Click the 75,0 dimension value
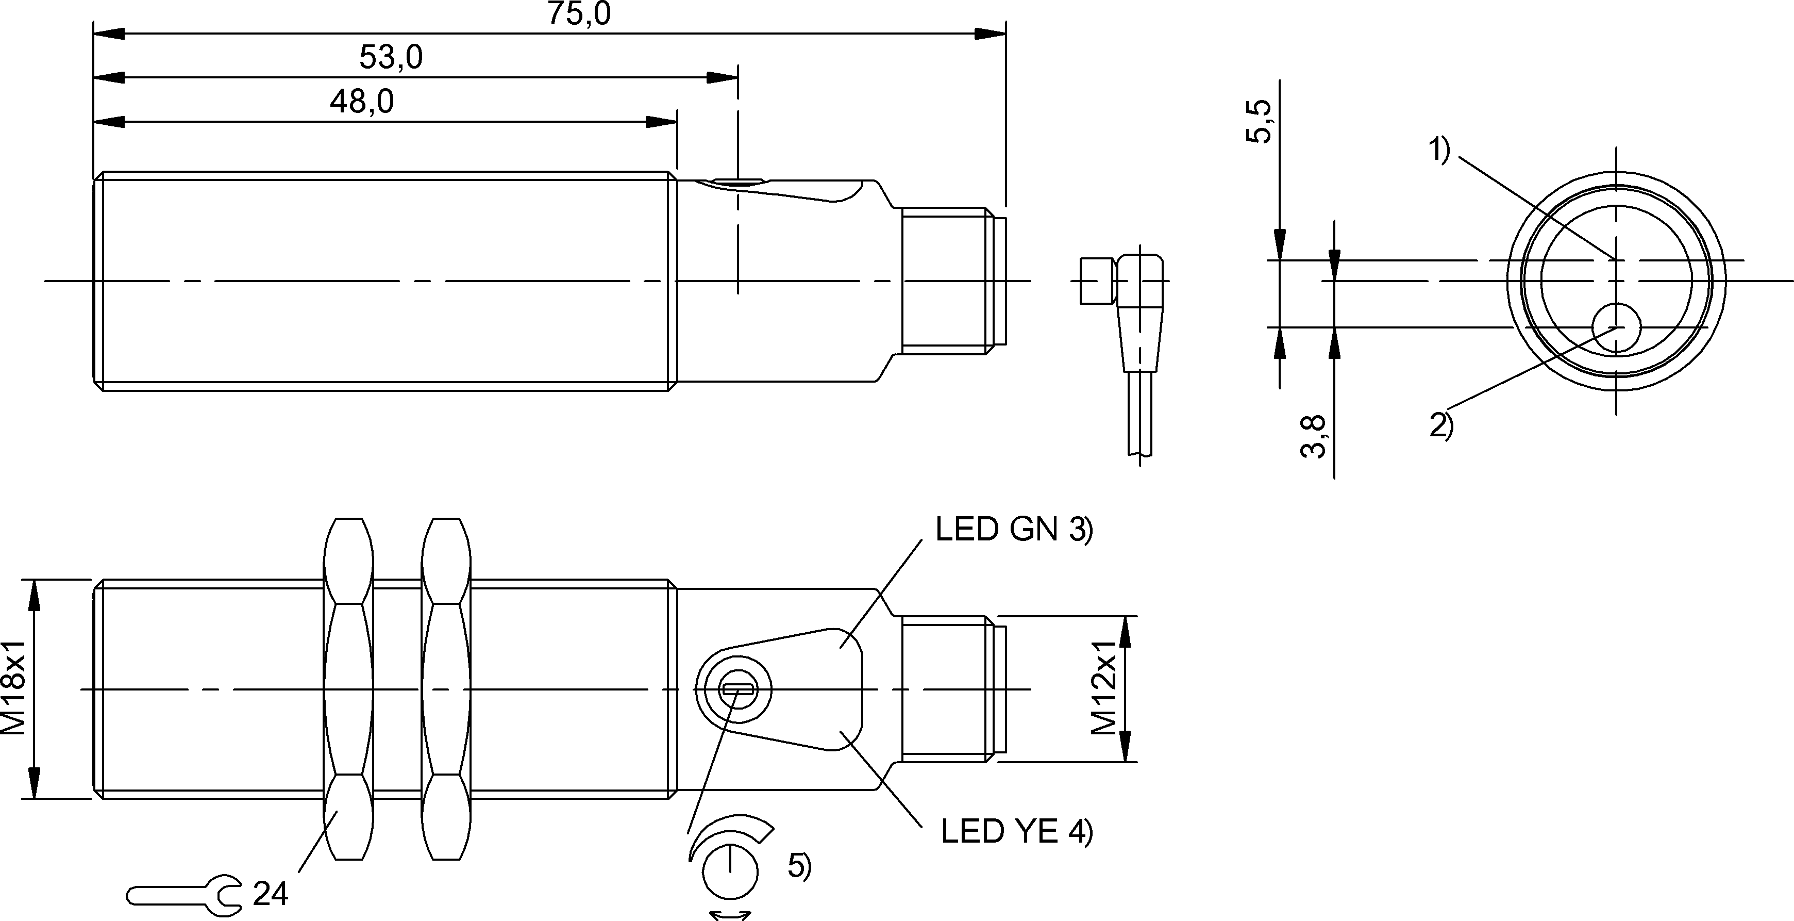pos(578,13)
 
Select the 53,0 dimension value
pos(391,57)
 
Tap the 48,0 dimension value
pos(361,102)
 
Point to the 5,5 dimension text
pos(1259,121)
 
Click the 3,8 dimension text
pos(1314,436)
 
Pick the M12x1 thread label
pos(1104,687)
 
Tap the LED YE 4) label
pos(1017,831)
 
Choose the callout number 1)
pos(1439,151)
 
